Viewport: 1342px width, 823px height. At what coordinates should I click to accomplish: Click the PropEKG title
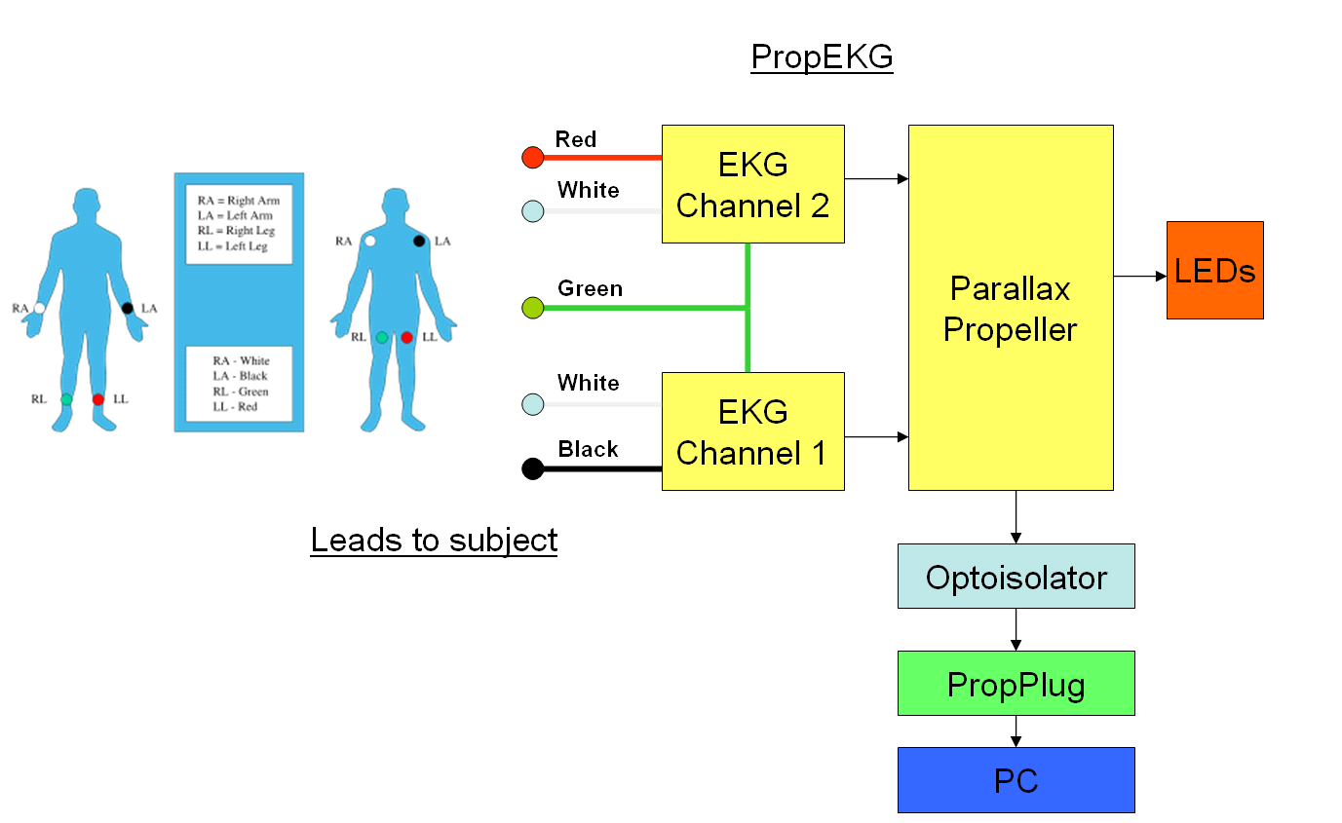(x=822, y=57)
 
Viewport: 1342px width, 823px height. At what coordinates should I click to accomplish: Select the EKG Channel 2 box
(x=752, y=183)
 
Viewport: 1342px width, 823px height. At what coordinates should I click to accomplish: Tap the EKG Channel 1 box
(x=752, y=430)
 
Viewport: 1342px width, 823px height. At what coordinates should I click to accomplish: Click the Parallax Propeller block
(x=1011, y=307)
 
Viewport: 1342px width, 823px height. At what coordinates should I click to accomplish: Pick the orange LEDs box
(x=1214, y=270)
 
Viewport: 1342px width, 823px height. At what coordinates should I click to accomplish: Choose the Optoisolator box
(x=1016, y=576)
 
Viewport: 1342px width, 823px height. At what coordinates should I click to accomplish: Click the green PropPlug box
(x=1016, y=683)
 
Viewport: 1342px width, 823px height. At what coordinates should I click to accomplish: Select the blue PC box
(x=1016, y=779)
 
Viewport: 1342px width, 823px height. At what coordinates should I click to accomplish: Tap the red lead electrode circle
(x=532, y=157)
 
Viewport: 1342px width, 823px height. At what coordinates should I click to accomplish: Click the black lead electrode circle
(x=532, y=468)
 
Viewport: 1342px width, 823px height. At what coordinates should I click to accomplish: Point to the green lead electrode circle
(x=532, y=308)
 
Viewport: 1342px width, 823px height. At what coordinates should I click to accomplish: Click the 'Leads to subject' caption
(x=434, y=539)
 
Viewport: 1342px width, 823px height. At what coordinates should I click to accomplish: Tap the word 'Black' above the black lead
(x=588, y=449)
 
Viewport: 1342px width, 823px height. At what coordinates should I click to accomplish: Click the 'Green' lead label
(x=590, y=288)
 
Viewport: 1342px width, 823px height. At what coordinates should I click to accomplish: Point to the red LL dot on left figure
(x=98, y=399)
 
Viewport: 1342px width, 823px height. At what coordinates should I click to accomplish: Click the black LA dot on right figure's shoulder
(x=419, y=241)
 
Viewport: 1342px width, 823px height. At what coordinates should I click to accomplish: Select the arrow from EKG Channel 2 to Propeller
(x=876, y=178)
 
